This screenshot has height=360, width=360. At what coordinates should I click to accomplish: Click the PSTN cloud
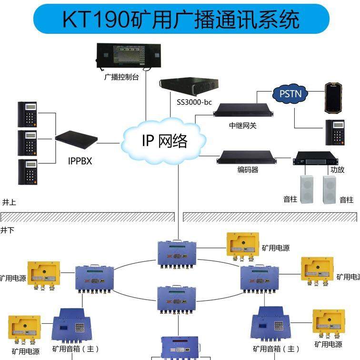[x=290, y=94]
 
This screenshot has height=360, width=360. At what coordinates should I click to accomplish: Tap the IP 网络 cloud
[x=164, y=140]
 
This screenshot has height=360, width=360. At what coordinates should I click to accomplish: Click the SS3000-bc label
[x=194, y=102]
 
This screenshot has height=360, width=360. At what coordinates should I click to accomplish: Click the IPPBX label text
[x=80, y=161]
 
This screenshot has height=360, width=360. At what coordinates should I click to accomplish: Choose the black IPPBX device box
[x=76, y=139]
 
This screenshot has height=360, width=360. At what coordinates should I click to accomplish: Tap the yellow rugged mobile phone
[x=334, y=98]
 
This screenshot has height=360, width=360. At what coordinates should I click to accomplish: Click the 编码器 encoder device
[x=247, y=157]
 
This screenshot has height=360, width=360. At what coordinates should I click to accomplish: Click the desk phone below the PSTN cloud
[x=335, y=132]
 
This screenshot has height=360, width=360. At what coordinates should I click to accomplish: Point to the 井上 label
[x=9, y=202]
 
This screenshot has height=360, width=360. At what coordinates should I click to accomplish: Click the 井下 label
[x=7, y=230]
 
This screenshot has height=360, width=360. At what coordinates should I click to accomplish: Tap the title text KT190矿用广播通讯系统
[x=181, y=20]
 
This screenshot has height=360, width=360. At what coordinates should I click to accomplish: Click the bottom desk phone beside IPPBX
[x=27, y=171]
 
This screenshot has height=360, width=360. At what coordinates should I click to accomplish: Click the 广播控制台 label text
[x=121, y=77]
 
